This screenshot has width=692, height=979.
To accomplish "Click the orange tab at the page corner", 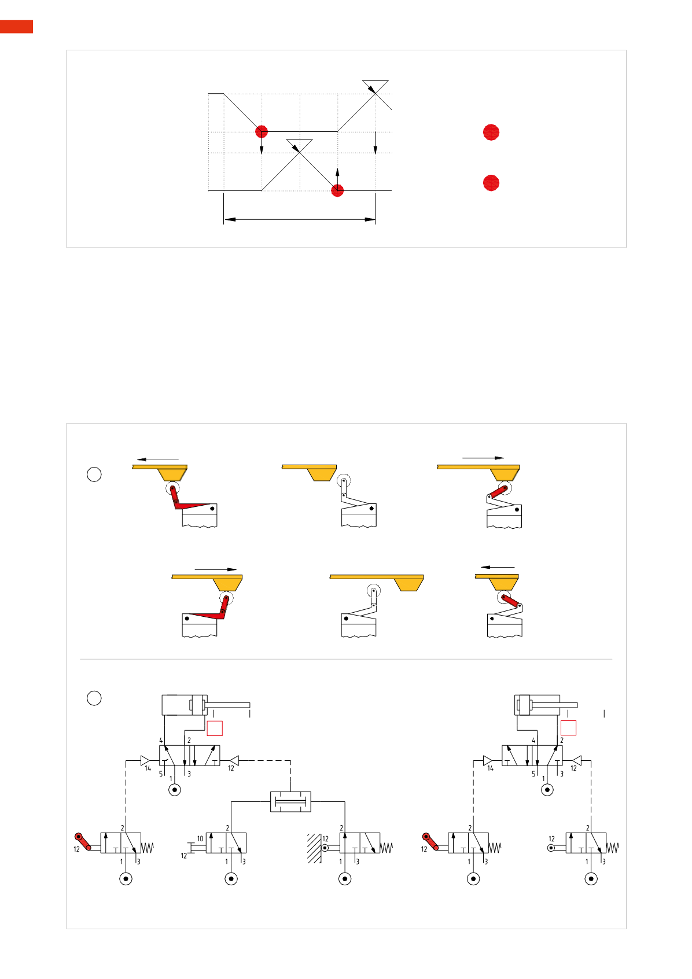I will pos(16,27).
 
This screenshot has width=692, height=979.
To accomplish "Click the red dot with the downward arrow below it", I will pos(262,132).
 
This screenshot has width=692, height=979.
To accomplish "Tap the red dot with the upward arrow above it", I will pos(337,190).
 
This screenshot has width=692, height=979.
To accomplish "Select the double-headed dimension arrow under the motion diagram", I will pos(300,219).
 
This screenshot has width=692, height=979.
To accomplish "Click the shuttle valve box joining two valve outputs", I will pos(290,801).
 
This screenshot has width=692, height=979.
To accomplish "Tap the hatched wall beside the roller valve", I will pos(314,848).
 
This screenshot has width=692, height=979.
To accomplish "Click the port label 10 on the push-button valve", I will pos(200,838).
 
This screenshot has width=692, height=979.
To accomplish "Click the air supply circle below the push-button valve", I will pos(231,879).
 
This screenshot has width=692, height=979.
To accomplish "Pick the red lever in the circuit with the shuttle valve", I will pos(83,841).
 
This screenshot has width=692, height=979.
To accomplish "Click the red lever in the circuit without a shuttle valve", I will pos(430,841).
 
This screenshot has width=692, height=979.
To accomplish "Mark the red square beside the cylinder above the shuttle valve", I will pos(215,728).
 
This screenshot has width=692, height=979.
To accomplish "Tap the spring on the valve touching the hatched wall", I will pos(387,848).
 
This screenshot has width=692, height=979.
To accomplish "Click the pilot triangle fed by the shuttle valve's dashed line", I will pos(234,760).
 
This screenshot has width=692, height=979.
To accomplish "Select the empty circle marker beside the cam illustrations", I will pos(94,474).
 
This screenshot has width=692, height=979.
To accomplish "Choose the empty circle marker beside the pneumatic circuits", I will pos(94,698).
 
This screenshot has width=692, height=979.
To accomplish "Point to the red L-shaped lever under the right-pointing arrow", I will pos(208,613).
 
